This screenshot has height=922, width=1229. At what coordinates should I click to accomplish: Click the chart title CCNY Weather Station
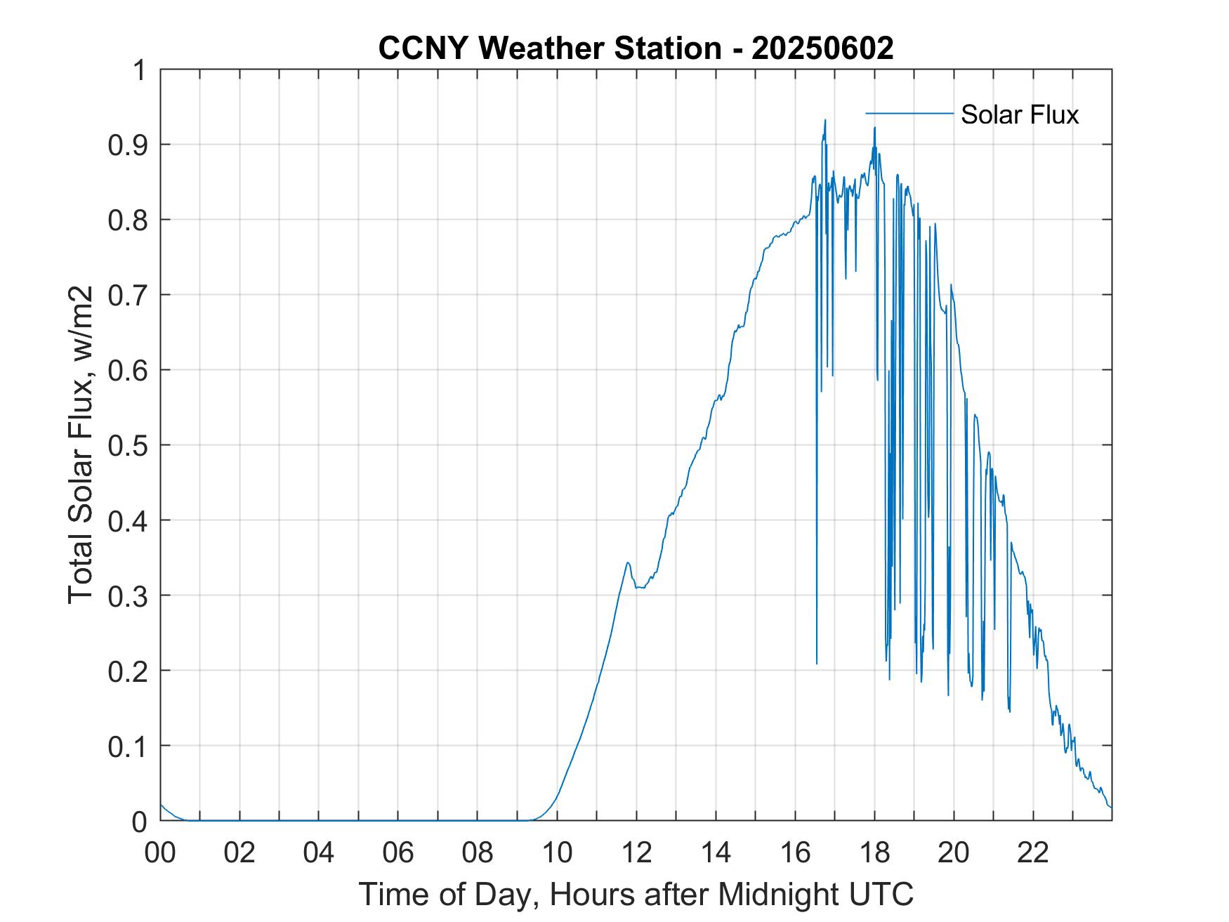549,49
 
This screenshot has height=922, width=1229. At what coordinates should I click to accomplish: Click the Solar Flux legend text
1019,114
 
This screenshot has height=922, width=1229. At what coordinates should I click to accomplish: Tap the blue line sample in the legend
909,113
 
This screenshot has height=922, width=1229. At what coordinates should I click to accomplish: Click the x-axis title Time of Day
636,894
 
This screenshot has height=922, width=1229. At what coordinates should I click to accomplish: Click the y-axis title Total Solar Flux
81,445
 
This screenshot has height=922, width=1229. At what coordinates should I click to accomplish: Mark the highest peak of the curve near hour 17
825,120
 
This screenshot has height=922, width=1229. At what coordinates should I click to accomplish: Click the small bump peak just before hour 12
627,562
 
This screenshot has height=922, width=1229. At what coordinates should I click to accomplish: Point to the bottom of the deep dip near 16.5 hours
817,663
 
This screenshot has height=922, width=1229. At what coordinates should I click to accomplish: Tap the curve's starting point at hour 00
161,805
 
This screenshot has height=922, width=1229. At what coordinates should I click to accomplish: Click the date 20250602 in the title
822,49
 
